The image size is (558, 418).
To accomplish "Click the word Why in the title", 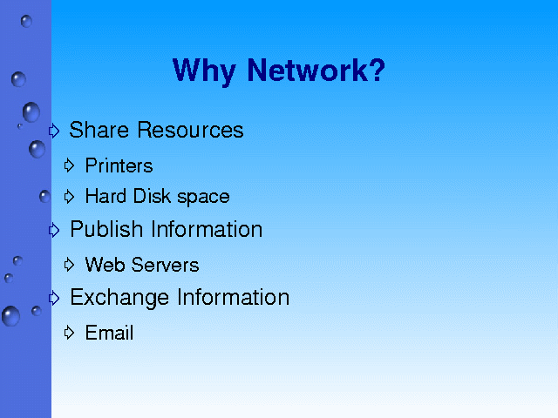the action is pyautogui.click(x=204, y=71).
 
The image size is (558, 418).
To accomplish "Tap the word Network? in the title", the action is pyautogui.click(x=316, y=70).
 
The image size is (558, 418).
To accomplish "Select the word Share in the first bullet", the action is pyautogui.click(x=99, y=130).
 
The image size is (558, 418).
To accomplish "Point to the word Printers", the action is pyautogui.click(x=119, y=165).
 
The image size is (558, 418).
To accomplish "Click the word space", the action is pyautogui.click(x=203, y=198).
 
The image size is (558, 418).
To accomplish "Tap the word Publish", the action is pyautogui.click(x=106, y=229).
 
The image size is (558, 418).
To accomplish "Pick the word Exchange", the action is pyautogui.click(x=119, y=298).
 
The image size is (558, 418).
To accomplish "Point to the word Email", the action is pyautogui.click(x=110, y=333).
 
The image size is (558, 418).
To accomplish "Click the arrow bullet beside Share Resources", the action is pyautogui.click(x=54, y=131).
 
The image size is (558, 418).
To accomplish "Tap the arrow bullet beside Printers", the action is pyautogui.click(x=69, y=165).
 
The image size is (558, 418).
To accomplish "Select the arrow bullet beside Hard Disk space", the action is pyautogui.click(x=69, y=197).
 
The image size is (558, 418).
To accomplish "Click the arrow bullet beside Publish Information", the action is pyautogui.click(x=54, y=230).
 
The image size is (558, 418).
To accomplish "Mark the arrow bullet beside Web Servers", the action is pyautogui.click(x=69, y=265).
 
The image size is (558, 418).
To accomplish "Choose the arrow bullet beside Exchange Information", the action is pyautogui.click(x=54, y=298).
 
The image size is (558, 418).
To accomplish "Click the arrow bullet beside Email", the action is pyautogui.click(x=69, y=333).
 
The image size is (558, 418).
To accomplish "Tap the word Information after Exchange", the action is pyautogui.click(x=234, y=297).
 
